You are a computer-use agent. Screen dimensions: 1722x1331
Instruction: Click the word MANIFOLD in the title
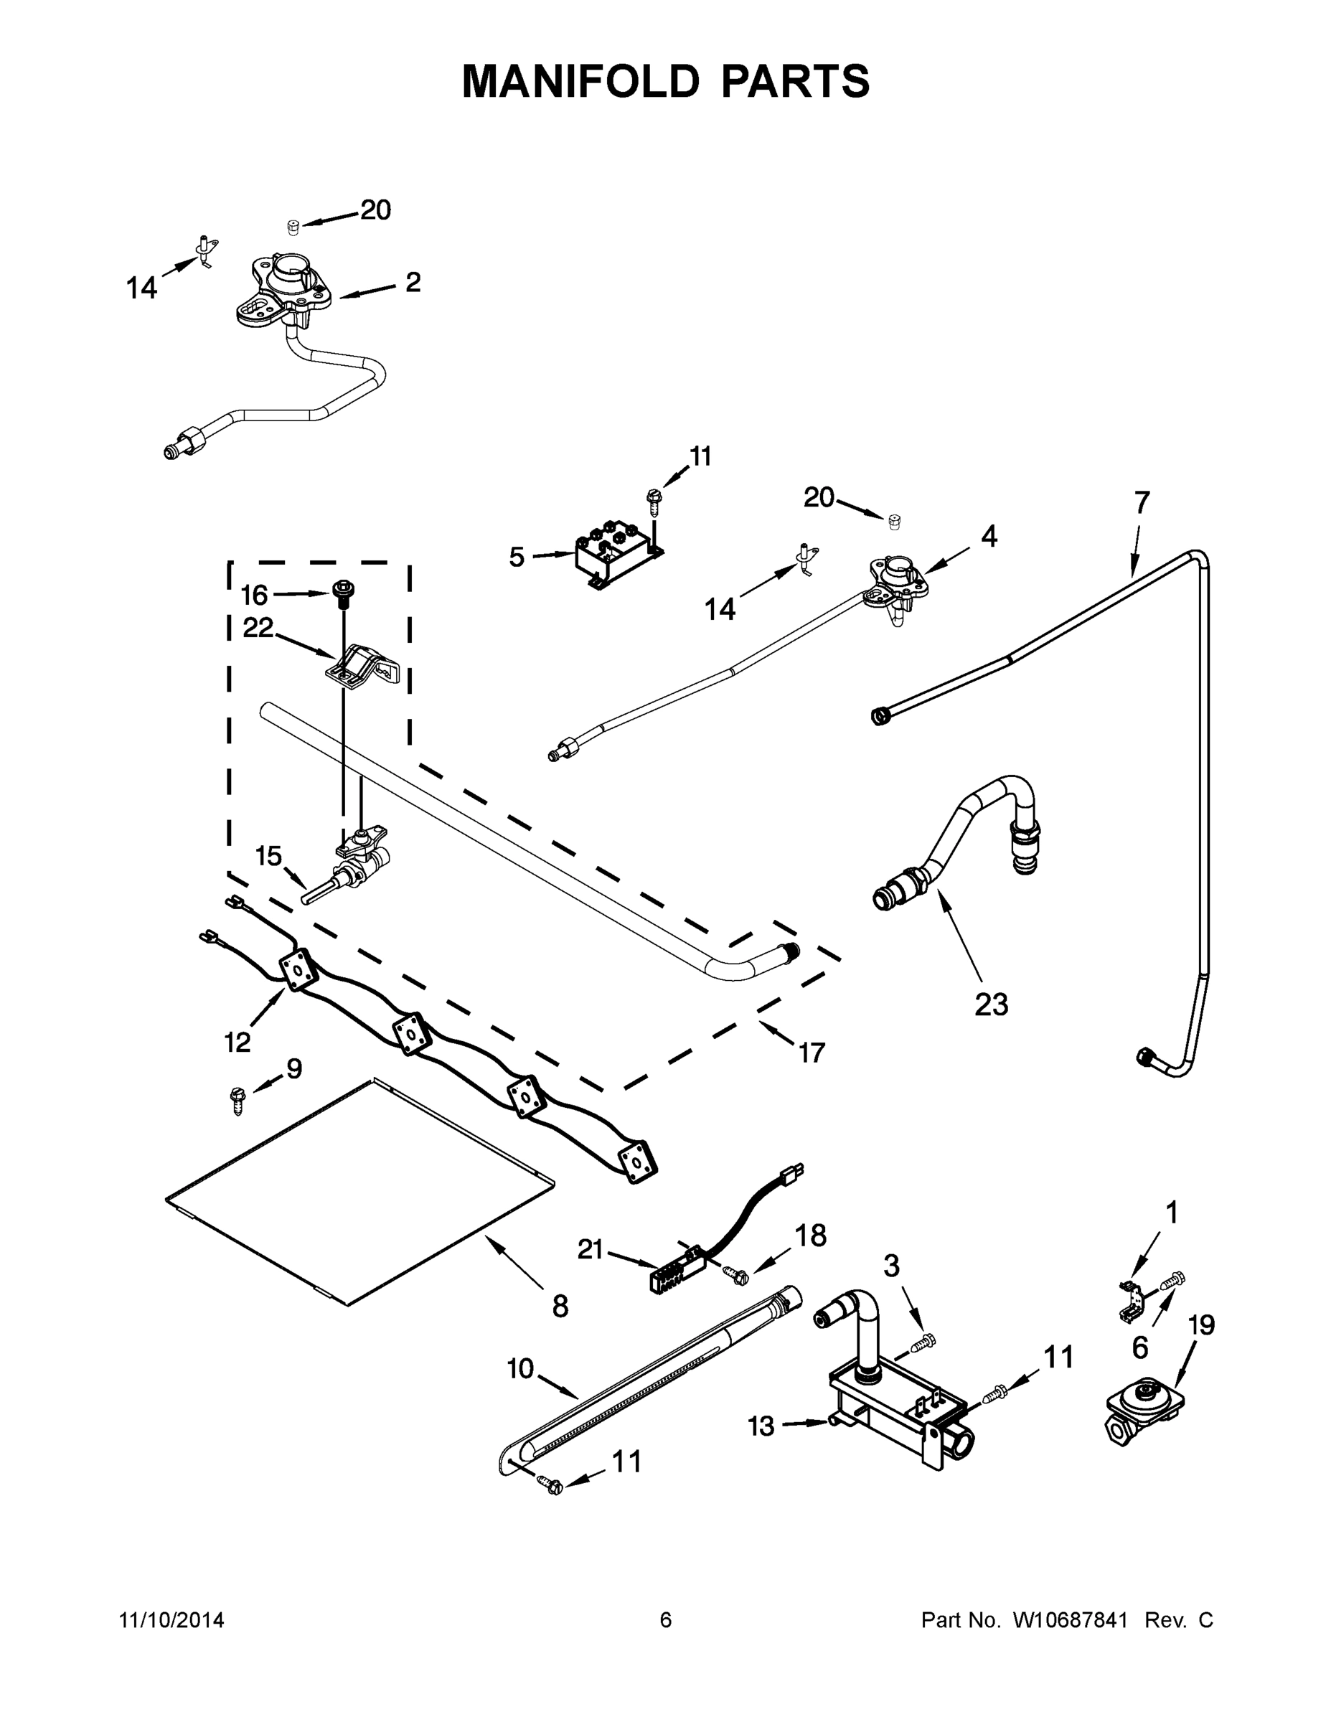point(580,81)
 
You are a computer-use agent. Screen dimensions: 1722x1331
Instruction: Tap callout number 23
point(991,1004)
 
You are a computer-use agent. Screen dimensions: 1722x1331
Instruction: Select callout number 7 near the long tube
point(1142,502)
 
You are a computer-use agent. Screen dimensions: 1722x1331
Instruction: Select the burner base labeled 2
point(286,293)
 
